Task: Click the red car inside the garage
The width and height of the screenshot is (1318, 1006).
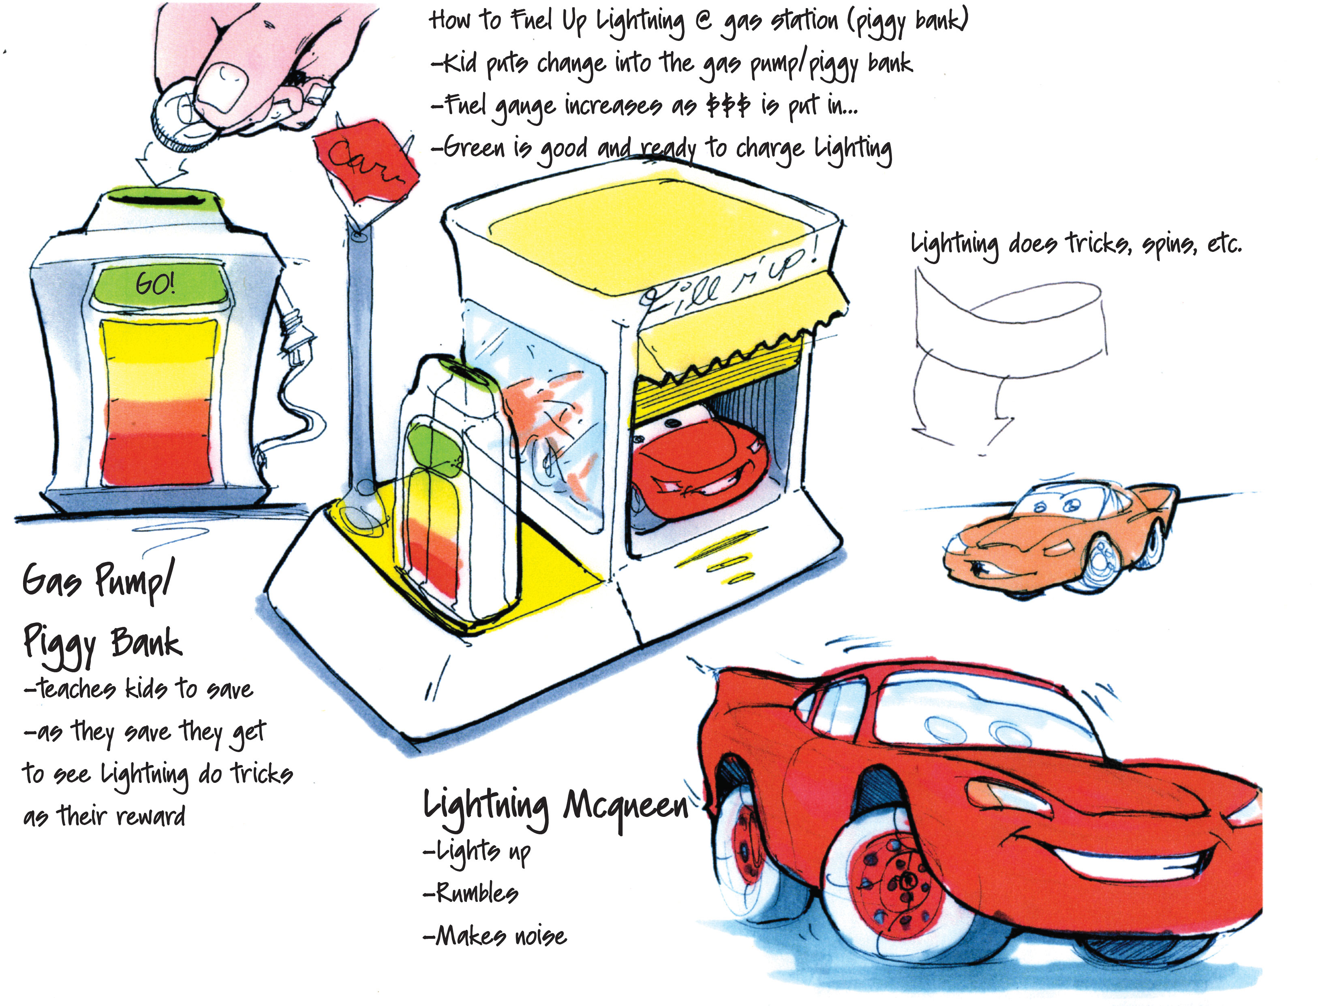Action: coord(698,467)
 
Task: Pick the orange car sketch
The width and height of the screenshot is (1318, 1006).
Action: coord(1055,536)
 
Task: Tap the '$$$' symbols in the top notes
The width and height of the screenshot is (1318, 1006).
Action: coord(728,106)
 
